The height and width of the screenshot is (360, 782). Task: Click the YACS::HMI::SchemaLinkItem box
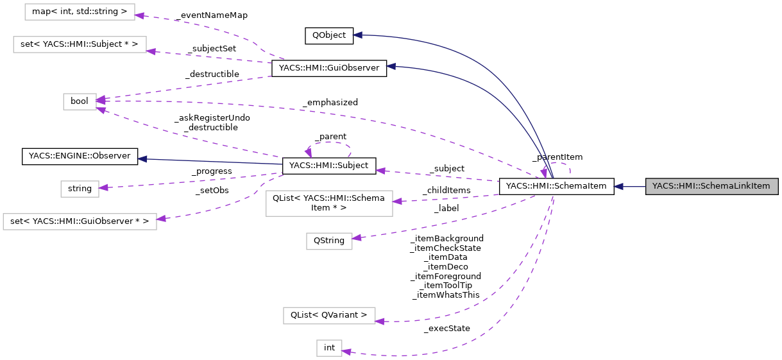(711, 187)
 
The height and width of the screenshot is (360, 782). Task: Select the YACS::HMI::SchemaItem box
(556, 187)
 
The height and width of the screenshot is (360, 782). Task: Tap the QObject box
(328, 36)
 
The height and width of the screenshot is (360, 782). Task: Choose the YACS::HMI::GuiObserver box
(328, 69)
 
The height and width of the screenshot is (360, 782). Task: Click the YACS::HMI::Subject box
(328, 166)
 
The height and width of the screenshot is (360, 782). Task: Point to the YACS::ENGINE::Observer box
(80, 156)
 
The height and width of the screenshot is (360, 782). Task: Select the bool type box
(80, 101)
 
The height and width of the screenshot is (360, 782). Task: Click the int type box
(329, 348)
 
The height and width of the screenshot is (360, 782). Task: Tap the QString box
(328, 241)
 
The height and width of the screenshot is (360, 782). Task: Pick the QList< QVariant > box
(328, 315)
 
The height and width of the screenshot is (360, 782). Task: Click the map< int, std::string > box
(80, 11)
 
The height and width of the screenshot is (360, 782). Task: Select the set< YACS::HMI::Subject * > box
(80, 44)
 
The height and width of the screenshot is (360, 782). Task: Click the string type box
(80, 189)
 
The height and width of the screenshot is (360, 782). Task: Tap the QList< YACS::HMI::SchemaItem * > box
(328, 203)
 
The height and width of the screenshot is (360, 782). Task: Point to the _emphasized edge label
(331, 103)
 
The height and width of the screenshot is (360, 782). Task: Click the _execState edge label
(446, 329)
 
